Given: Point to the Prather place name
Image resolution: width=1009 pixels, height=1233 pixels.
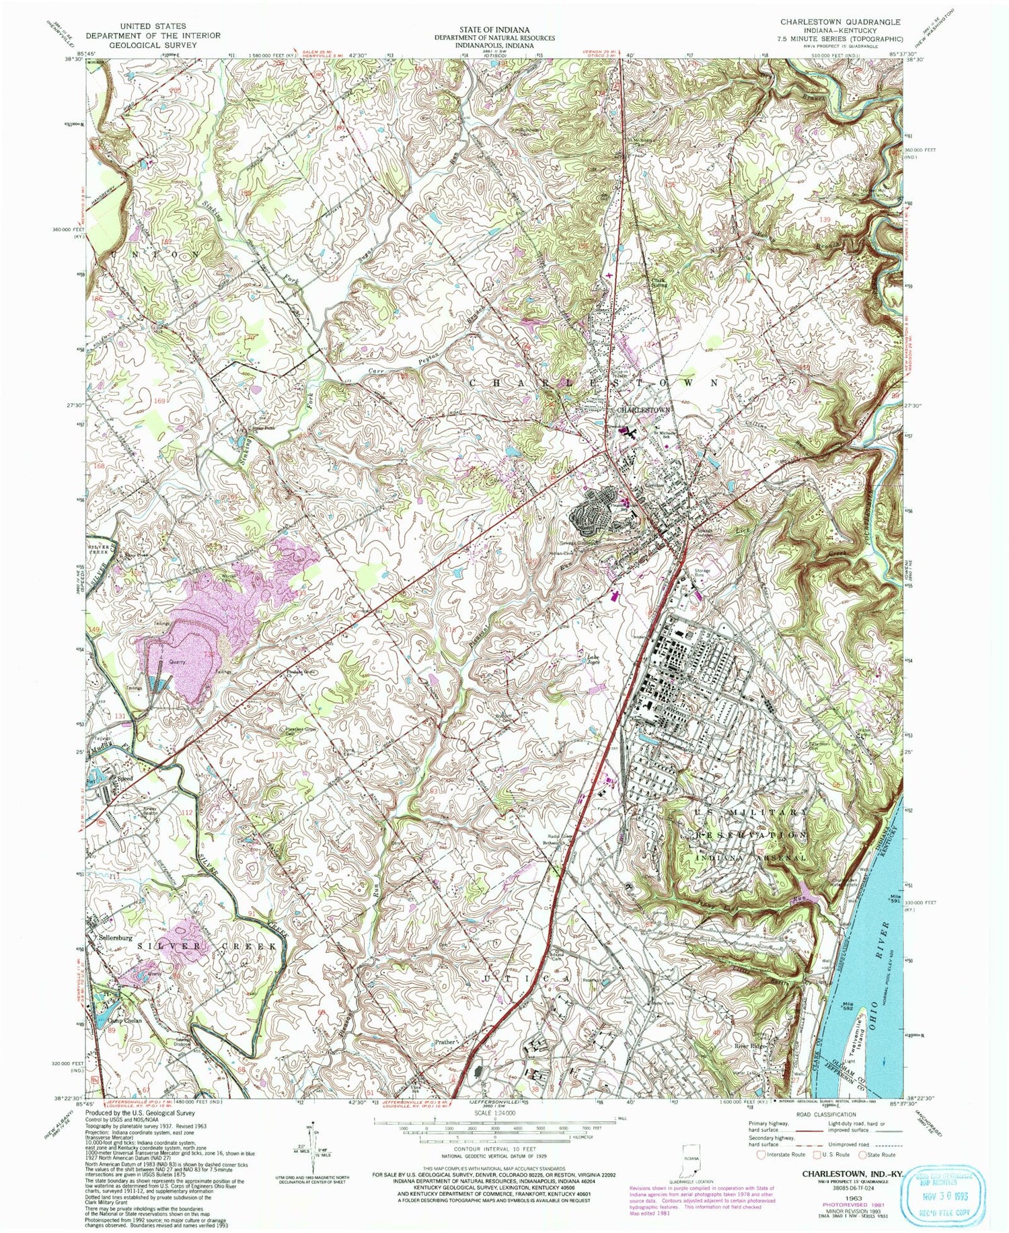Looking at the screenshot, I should [445, 1043].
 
